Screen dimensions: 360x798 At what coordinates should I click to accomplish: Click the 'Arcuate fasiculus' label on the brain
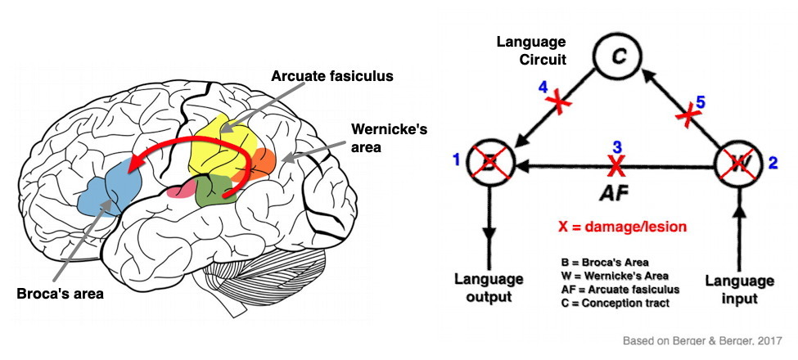(x=333, y=77)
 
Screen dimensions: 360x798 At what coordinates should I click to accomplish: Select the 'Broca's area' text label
(x=58, y=293)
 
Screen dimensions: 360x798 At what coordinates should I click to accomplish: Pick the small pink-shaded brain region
(x=180, y=190)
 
